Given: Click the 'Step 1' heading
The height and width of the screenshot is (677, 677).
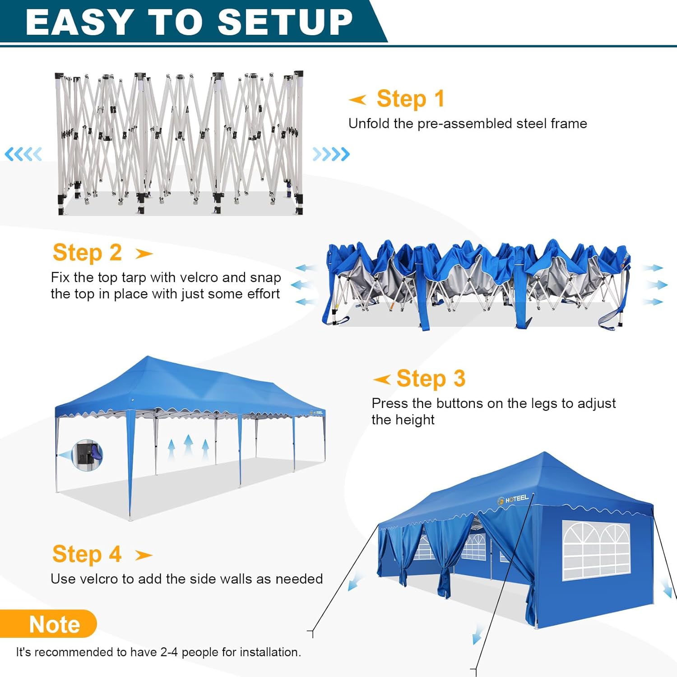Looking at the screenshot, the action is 411,99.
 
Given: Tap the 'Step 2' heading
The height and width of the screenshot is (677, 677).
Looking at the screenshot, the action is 87,253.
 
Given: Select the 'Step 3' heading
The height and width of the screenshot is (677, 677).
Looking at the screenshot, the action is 431,379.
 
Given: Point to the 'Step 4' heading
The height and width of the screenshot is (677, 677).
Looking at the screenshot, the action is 87,554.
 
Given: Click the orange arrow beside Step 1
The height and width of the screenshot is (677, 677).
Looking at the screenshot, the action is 357,99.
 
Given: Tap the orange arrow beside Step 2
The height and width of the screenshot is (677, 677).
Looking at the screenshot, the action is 144,254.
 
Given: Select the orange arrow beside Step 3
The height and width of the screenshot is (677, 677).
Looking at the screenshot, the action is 382,380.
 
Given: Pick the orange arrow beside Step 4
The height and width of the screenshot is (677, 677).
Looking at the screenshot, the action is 144,555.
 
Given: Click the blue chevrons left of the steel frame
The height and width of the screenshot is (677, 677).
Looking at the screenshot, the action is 23,154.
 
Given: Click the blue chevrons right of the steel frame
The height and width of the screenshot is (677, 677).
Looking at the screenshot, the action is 331,154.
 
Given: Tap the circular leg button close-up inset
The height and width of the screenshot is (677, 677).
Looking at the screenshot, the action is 87,455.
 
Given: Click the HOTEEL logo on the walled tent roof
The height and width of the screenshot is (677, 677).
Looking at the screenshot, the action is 513,499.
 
